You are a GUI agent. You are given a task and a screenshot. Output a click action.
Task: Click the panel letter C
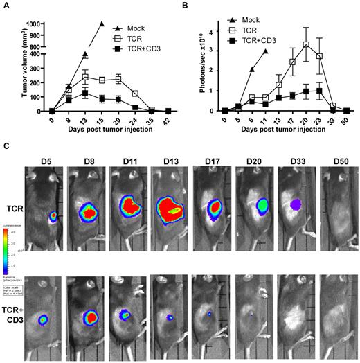[6, 146]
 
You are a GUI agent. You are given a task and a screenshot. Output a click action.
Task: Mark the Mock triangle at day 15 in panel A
[102, 24]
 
